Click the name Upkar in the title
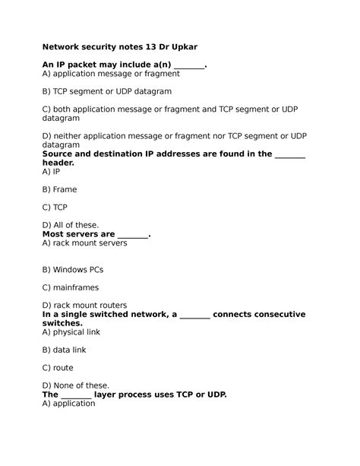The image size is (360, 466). (183, 46)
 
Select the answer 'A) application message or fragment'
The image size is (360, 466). (111, 74)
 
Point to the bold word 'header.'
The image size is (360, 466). (58, 163)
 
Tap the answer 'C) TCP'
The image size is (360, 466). (55, 207)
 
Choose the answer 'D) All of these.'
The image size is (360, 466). (71, 225)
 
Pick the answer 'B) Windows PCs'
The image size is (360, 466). (73, 270)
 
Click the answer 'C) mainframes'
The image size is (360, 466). (71, 288)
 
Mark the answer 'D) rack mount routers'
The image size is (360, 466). (84, 306)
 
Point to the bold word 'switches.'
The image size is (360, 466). (62, 323)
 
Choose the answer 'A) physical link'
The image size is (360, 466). (71, 332)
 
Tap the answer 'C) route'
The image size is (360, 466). (58, 368)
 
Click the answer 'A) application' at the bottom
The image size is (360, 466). (68, 404)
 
